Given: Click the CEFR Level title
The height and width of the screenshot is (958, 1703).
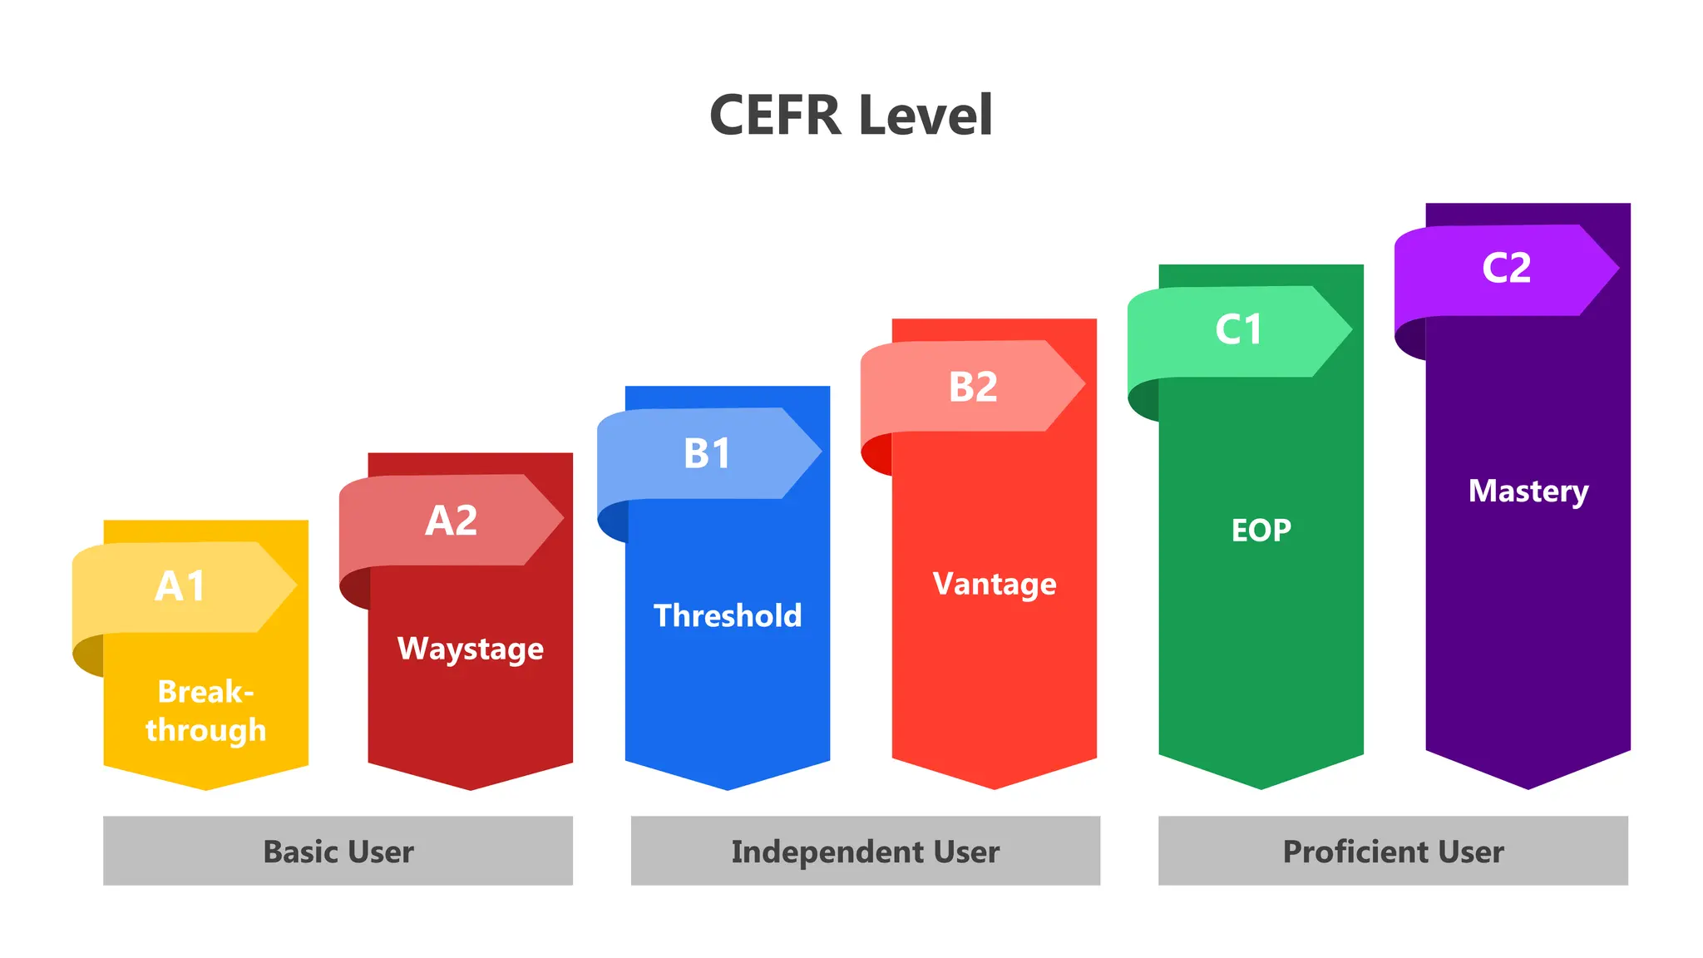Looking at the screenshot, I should pos(851,115).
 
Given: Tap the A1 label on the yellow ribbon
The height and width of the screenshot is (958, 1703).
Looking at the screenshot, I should pos(180,586).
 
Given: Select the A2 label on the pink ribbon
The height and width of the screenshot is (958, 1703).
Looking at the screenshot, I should pos(452,521).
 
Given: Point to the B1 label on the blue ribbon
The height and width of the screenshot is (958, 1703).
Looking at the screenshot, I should pos(707,454).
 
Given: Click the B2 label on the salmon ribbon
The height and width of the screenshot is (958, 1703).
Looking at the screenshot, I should pos(973,387).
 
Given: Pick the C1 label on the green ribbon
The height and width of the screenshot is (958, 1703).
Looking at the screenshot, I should pos(1238,329).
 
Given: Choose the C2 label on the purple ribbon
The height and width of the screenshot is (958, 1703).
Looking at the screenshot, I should pos(1506,268).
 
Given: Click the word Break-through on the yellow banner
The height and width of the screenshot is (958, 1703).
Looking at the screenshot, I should pos(205,710).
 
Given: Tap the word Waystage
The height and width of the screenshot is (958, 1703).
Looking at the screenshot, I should pos(471,649).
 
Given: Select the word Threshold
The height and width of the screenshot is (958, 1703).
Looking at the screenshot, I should pos(728,616).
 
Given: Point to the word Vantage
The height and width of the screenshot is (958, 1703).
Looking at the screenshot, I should pos(995,584).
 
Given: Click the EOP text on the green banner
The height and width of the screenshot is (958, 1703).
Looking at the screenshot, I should pos(1261,531).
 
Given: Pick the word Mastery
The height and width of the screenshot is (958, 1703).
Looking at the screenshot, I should pos(1528,491).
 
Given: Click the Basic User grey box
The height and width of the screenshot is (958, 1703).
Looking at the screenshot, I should pos(338,851).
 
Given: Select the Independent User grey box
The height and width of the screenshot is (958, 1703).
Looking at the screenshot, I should pos(865,851).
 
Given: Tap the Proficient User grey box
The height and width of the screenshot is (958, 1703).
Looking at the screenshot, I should pos(1393,851).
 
